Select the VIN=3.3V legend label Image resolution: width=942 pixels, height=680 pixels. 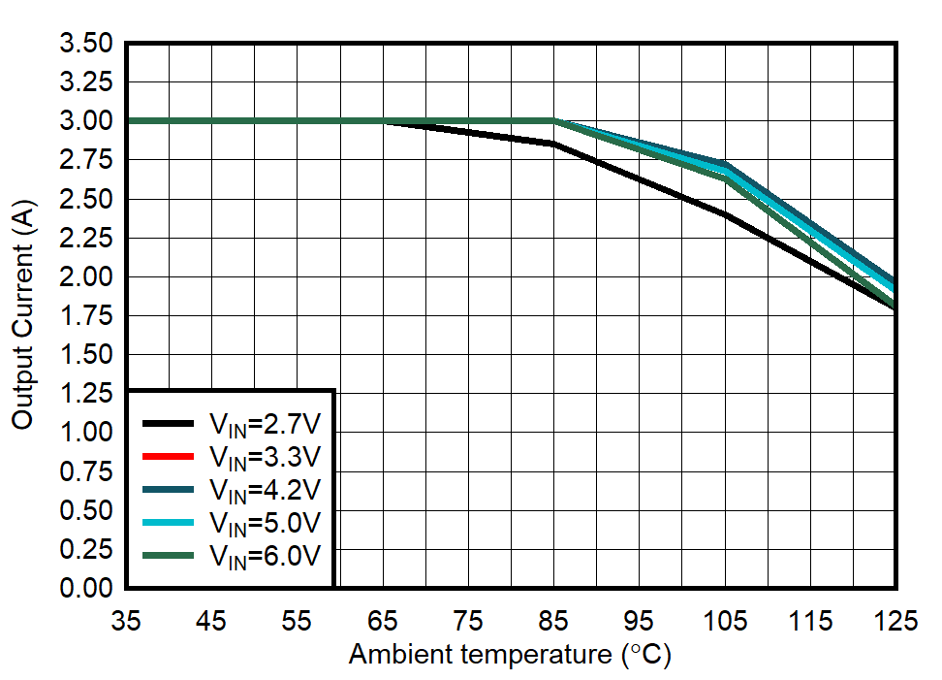click(x=265, y=456)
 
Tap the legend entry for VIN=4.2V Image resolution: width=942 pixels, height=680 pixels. click(x=265, y=489)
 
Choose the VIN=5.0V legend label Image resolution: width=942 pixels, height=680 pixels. click(x=265, y=522)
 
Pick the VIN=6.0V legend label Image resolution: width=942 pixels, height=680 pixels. click(x=265, y=555)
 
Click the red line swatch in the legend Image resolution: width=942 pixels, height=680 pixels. click(x=171, y=456)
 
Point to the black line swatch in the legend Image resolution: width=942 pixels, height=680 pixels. click(x=171, y=423)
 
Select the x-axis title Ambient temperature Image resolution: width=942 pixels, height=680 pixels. click(x=510, y=656)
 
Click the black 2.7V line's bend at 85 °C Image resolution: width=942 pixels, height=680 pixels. click(x=553, y=144)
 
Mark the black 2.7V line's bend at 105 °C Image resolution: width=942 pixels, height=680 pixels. click(x=724, y=214)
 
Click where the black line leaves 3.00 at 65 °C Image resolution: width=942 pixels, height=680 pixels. click(x=384, y=121)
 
